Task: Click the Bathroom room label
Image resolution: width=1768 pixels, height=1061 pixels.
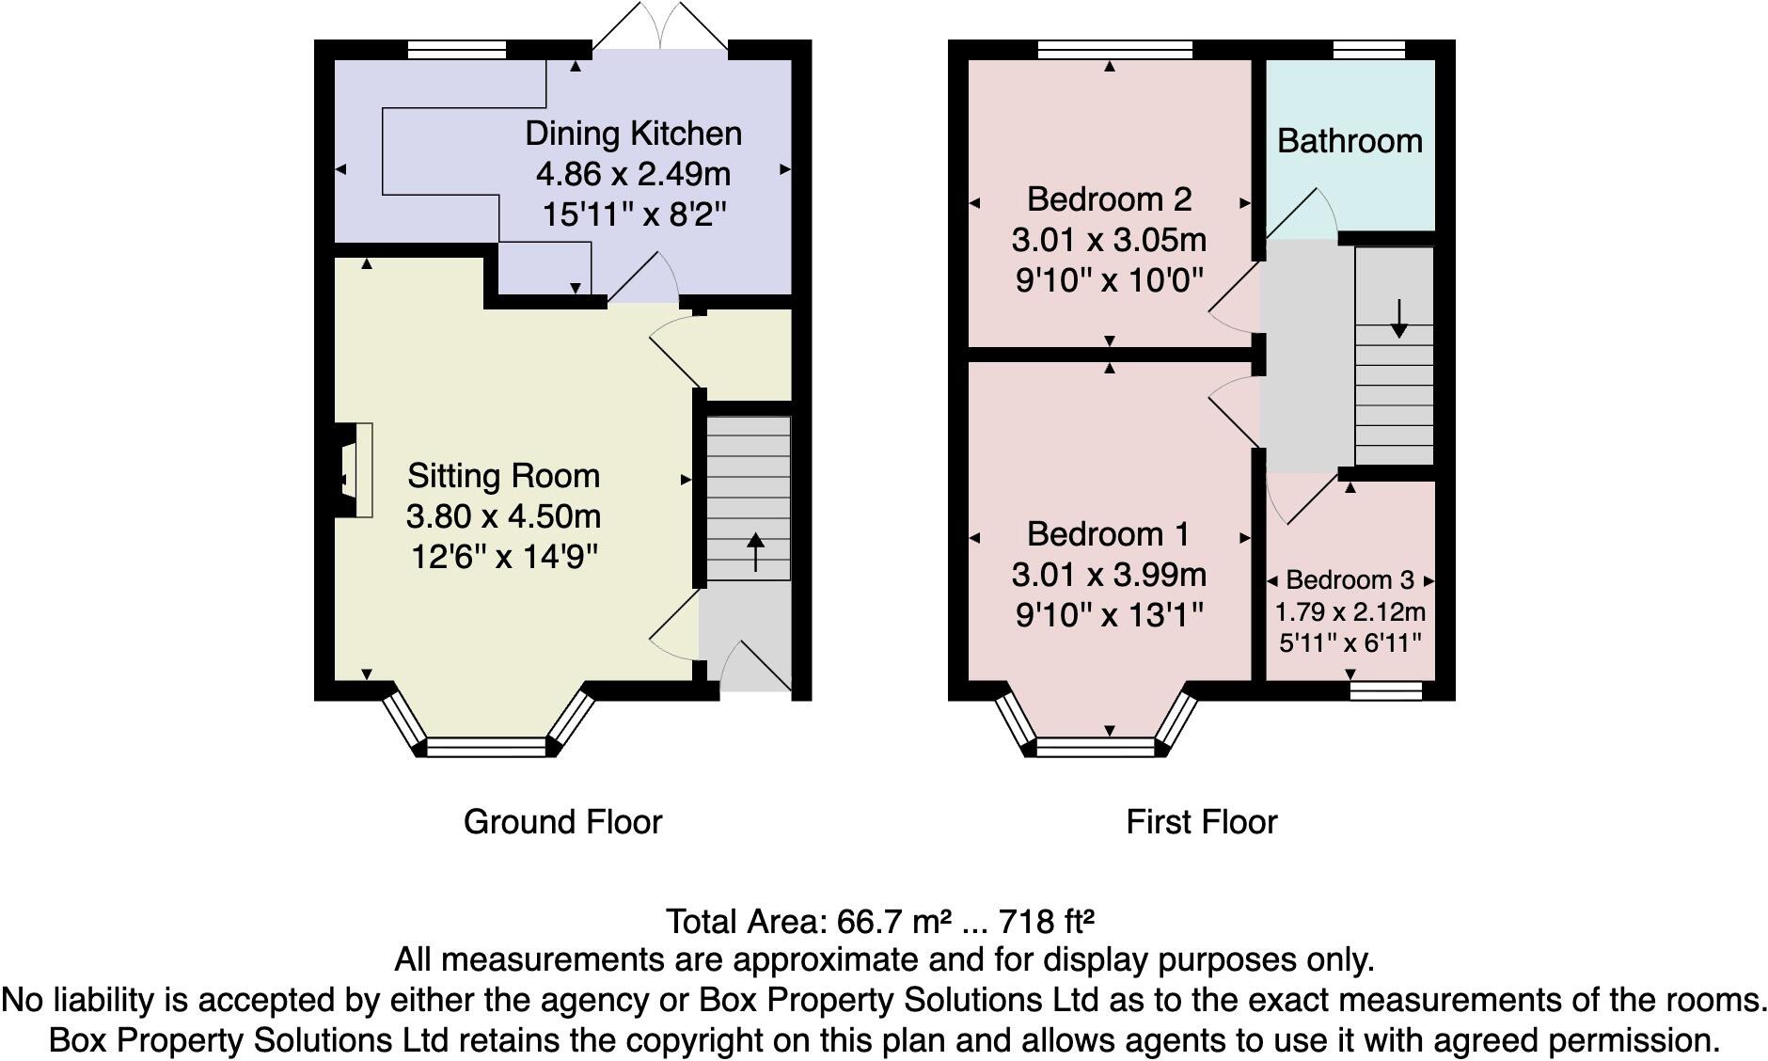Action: pyautogui.click(x=1350, y=141)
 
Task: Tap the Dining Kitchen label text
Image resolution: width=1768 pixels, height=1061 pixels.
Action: pyautogui.click(x=633, y=134)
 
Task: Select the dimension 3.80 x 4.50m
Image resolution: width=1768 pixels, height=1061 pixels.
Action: pyautogui.click(x=503, y=516)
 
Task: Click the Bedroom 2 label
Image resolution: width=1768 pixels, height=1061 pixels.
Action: pyautogui.click(x=1109, y=199)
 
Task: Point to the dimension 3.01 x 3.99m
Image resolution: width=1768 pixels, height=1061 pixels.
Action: pyautogui.click(x=1109, y=575)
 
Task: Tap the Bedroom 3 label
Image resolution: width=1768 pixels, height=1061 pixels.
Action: pyautogui.click(x=1350, y=580)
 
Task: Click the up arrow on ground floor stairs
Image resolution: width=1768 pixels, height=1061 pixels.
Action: pyautogui.click(x=755, y=552)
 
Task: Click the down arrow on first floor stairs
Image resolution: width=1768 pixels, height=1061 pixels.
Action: pyautogui.click(x=1398, y=320)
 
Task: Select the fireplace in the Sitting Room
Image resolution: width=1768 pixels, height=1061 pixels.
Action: pyautogui.click(x=355, y=469)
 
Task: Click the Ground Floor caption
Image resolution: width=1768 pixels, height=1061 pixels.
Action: pyautogui.click(x=562, y=822)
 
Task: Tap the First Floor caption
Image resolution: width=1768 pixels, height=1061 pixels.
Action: pyautogui.click(x=1201, y=822)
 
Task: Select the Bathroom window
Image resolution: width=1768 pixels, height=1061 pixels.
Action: pyautogui.click(x=1368, y=50)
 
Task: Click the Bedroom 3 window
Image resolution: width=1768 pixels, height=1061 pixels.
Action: pyautogui.click(x=1384, y=691)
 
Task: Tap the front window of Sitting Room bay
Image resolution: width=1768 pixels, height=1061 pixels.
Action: pyautogui.click(x=485, y=748)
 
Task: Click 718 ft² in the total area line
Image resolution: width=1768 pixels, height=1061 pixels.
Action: pyautogui.click(x=1047, y=921)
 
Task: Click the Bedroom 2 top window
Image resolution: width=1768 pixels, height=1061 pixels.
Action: pyautogui.click(x=1115, y=50)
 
